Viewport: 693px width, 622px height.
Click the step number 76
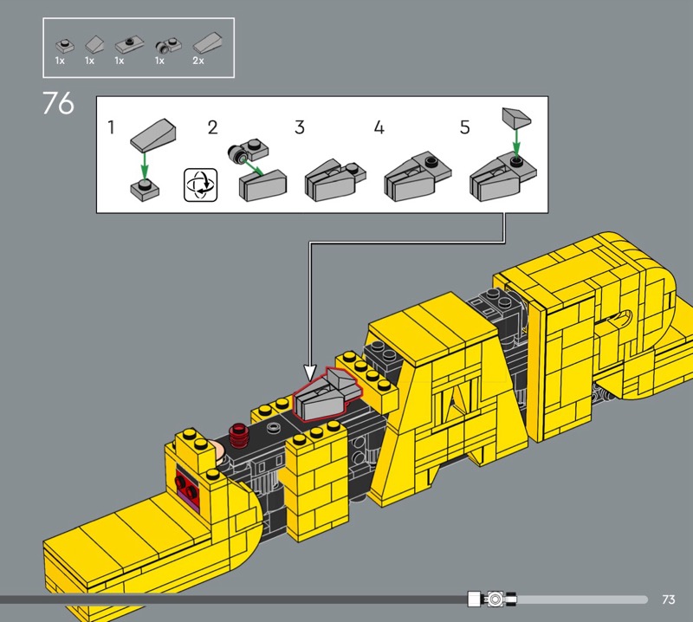click(x=58, y=103)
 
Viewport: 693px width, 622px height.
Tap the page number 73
click(x=669, y=599)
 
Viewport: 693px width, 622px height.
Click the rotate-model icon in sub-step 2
click(x=201, y=185)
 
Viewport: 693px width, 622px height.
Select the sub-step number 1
click(x=111, y=127)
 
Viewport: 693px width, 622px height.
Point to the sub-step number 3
click(x=300, y=127)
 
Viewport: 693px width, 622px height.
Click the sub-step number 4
click(x=379, y=127)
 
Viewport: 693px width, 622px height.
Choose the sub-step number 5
click(x=464, y=127)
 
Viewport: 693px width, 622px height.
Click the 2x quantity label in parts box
click(x=198, y=61)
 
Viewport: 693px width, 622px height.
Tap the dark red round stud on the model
click(x=238, y=435)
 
